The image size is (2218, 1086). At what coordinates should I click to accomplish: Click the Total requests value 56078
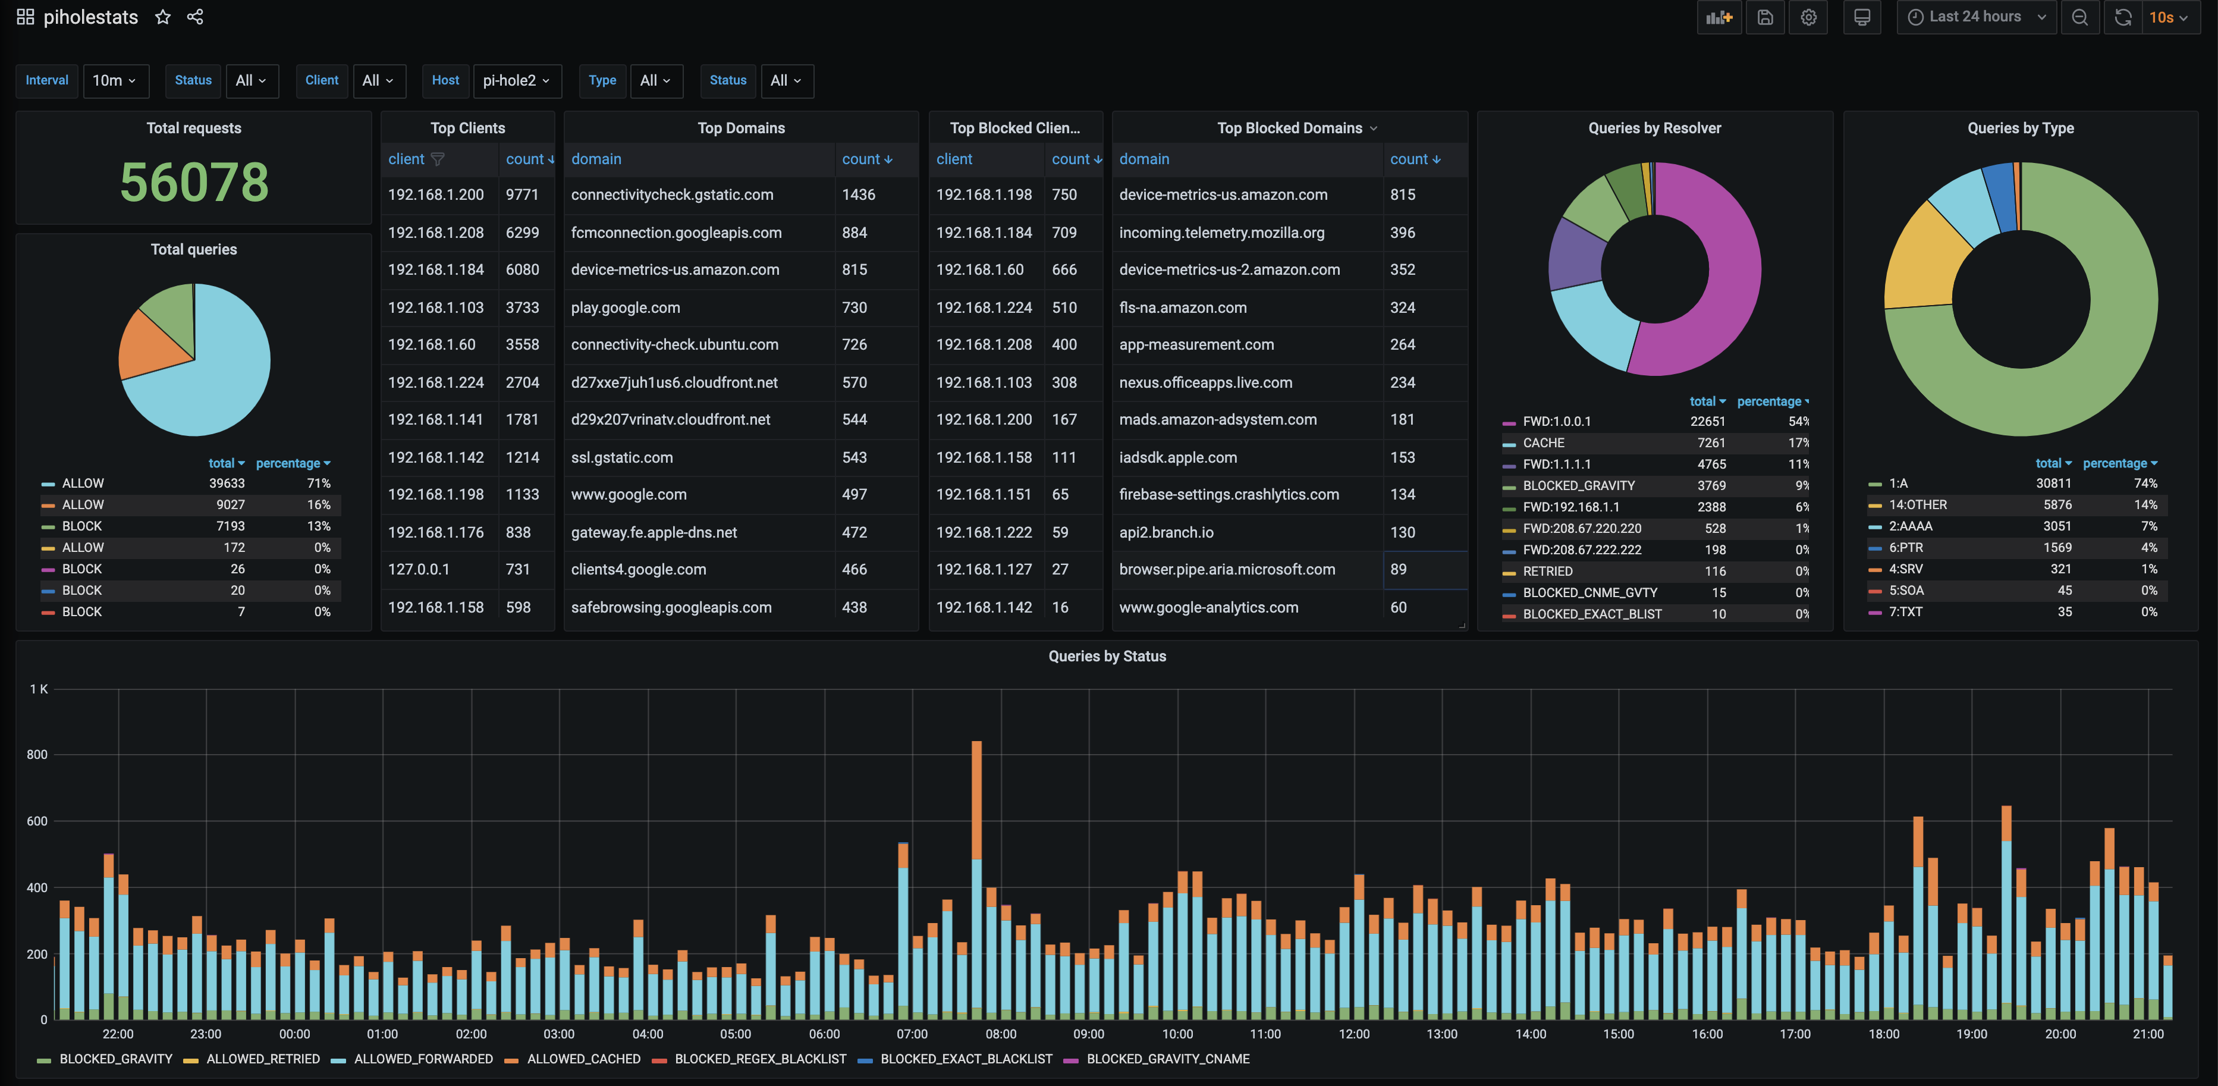click(194, 182)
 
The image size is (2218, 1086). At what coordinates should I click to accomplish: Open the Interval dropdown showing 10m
click(115, 80)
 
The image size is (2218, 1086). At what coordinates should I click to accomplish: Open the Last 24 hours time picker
click(1975, 17)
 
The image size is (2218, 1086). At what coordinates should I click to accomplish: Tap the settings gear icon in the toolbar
click(1808, 17)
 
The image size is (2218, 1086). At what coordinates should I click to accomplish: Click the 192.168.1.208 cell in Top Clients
click(436, 233)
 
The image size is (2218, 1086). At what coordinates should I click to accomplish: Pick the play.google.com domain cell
click(625, 307)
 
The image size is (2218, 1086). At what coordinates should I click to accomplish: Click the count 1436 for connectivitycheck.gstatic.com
click(859, 194)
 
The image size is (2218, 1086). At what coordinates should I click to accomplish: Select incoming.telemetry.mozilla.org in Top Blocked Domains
click(1222, 233)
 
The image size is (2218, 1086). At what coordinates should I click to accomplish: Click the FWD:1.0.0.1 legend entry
click(1557, 421)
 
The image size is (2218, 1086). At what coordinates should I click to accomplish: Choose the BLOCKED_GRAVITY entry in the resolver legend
click(1578, 486)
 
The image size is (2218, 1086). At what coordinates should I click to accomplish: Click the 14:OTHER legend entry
click(1918, 505)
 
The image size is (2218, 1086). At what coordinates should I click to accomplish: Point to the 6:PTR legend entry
click(1905, 548)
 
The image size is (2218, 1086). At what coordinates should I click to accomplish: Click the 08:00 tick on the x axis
click(1001, 1034)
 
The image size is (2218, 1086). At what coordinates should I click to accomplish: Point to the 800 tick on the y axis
click(37, 754)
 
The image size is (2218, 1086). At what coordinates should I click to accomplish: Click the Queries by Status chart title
click(1107, 656)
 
